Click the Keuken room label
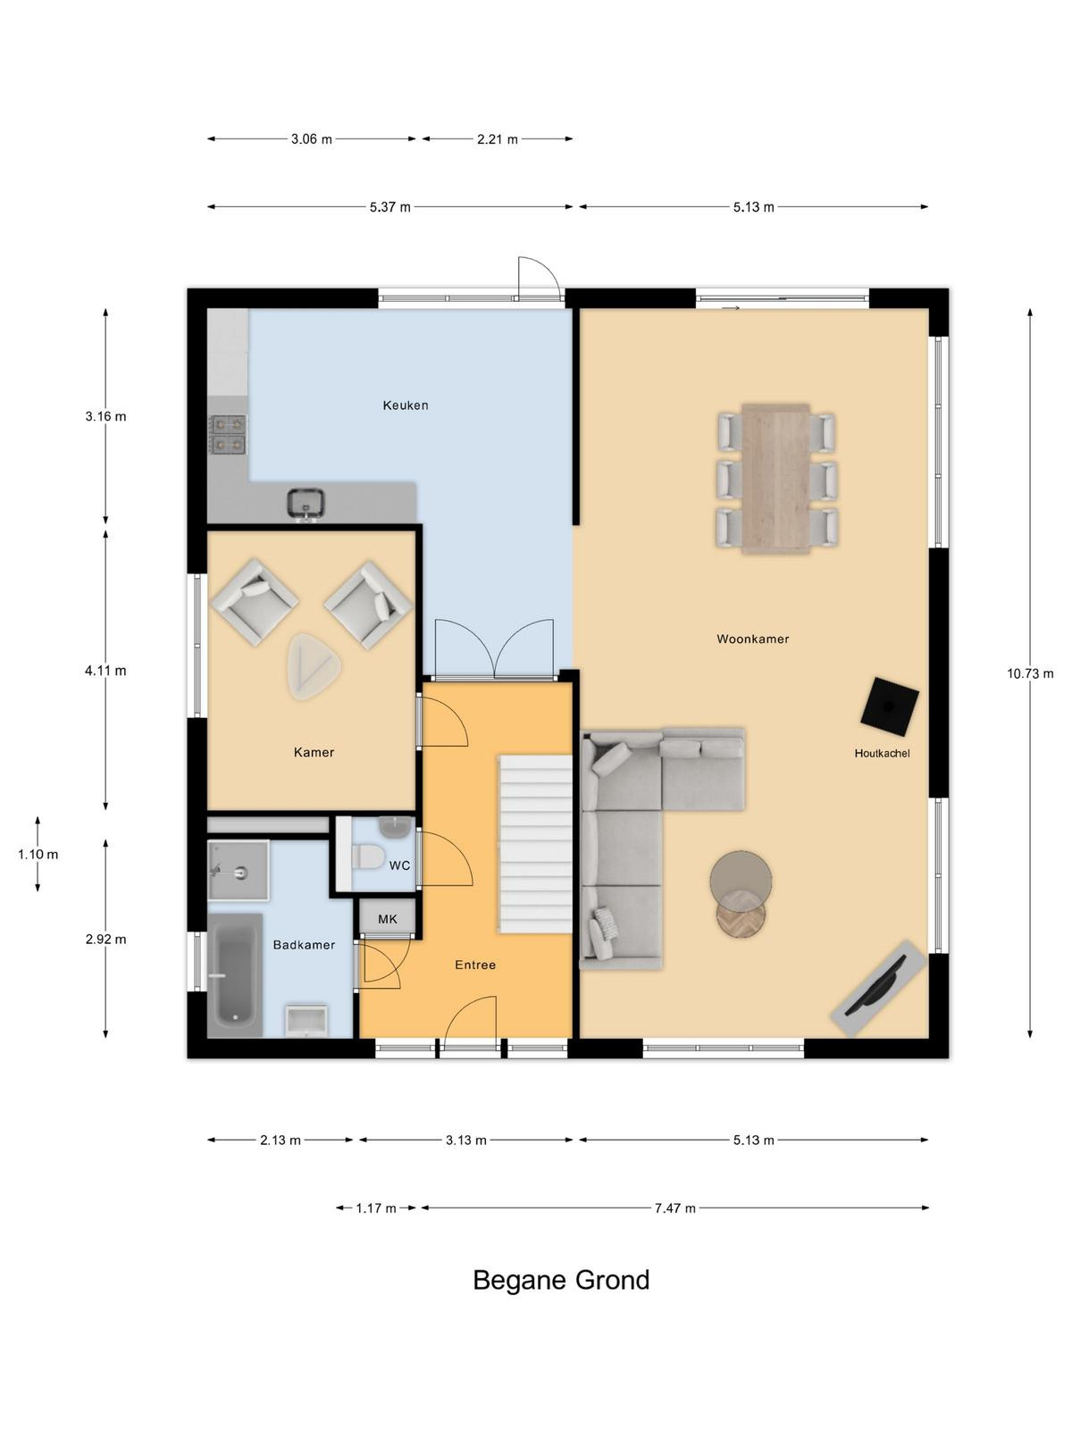pos(405,405)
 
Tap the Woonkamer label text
pos(752,639)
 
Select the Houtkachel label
pos(882,753)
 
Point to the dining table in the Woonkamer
pos(775,479)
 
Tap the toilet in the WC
pos(368,856)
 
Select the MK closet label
pos(388,919)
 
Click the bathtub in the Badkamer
pos(235,974)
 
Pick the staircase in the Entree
pos(535,844)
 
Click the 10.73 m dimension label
pos(1030,673)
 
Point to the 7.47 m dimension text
pos(675,1208)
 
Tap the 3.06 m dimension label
pos(311,139)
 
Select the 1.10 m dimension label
pos(38,854)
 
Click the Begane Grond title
pos(561,1280)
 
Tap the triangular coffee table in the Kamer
pos(314,666)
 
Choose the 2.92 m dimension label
pos(105,940)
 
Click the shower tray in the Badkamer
pos(238,871)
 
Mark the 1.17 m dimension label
pos(375,1208)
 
